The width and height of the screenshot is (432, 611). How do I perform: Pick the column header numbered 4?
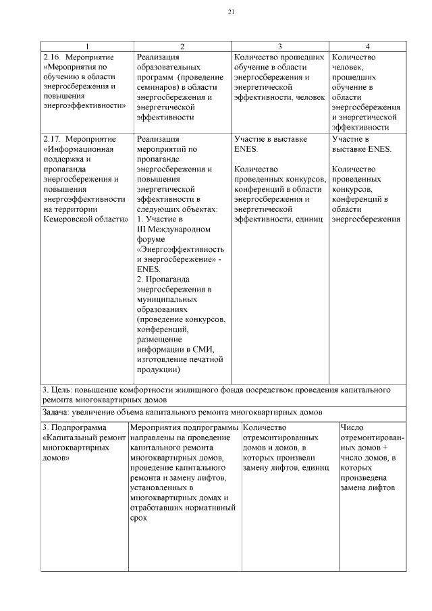point(367,47)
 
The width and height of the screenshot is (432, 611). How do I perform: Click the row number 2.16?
point(51,57)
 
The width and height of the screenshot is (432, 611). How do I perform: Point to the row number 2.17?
point(51,138)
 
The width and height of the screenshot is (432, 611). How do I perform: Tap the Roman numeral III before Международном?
point(141,230)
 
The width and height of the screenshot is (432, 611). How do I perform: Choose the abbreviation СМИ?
point(202,349)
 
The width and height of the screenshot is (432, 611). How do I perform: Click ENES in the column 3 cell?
point(246,149)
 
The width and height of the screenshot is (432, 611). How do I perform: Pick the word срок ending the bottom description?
point(137,519)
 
